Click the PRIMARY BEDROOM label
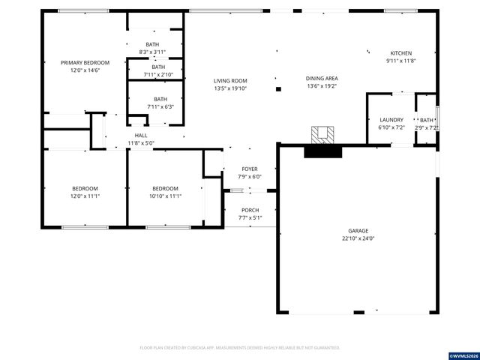pyautogui.click(x=85, y=62)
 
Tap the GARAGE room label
pyautogui.click(x=358, y=231)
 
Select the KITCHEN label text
pyautogui.click(x=400, y=53)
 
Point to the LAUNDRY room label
pyautogui.click(x=391, y=120)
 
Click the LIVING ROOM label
pyautogui.click(x=229, y=81)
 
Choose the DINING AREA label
pyautogui.click(x=322, y=79)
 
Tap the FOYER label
pyautogui.click(x=250, y=169)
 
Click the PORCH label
pyautogui.click(x=250, y=210)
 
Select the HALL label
pyautogui.click(x=141, y=135)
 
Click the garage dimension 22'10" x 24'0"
pyautogui.click(x=358, y=238)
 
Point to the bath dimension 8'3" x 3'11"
pyautogui.click(x=152, y=52)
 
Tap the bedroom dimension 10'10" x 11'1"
pyautogui.click(x=165, y=196)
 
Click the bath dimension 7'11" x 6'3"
pyautogui.click(x=158, y=106)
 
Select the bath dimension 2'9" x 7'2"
pyautogui.click(x=427, y=128)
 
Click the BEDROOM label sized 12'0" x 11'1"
pyautogui.click(x=85, y=188)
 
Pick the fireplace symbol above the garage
pyautogui.click(x=323, y=135)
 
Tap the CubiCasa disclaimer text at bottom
pyautogui.click(x=240, y=348)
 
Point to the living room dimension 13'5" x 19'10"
pyautogui.click(x=229, y=88)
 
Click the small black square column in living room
pyautogui.click(x=279, y=89)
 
